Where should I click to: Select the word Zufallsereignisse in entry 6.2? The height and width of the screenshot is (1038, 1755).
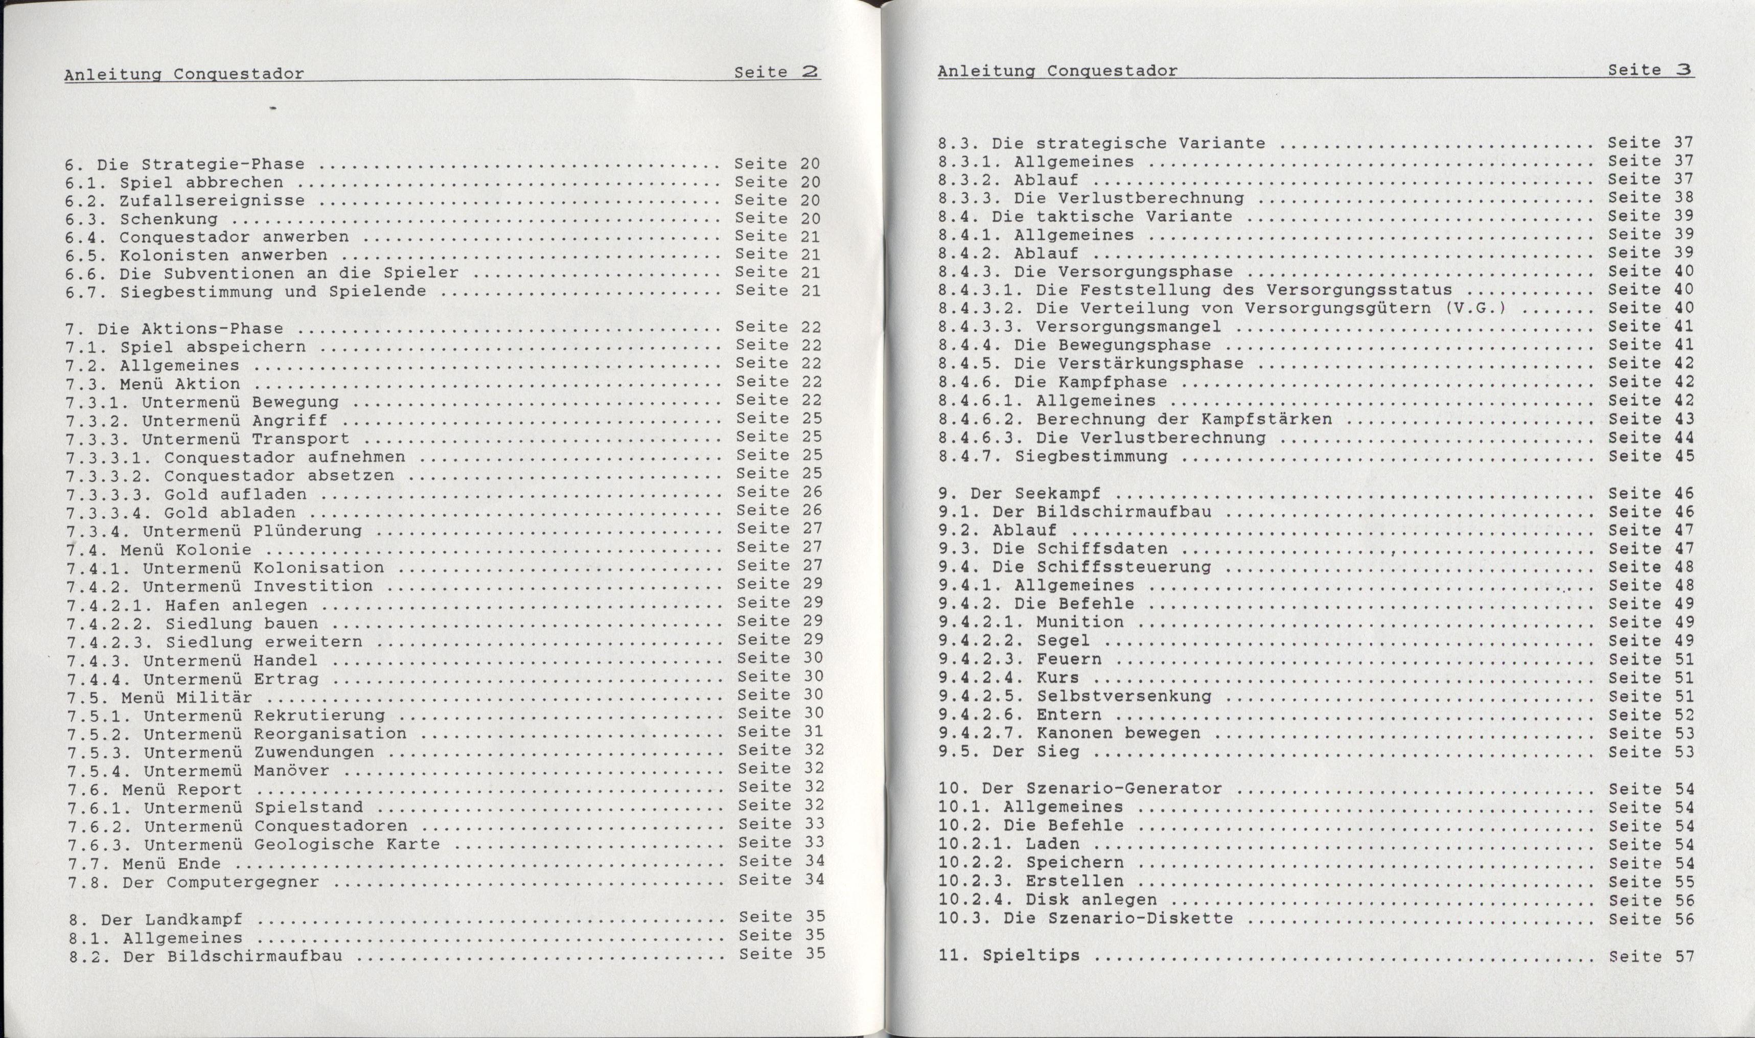pyautogui.click(x=212, y=201)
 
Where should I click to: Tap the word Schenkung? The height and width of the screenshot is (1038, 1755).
pyautogui.click(x=168, y=219)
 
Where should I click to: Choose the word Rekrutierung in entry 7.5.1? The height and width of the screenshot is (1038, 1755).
pyautogui.click(x=319, y=716)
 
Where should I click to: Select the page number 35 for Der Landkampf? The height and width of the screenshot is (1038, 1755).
pyautogui.click(x=814, y=916)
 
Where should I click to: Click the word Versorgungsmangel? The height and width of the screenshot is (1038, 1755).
pyautogui.click(x=1128, y=327)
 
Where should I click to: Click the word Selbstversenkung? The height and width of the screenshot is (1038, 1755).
pyautogui.click(x=1123, y=697)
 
